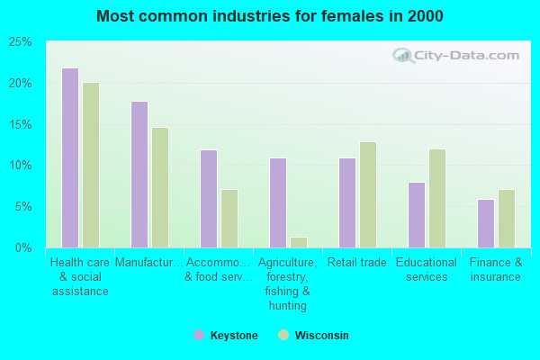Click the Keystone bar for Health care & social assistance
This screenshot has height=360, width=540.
70,157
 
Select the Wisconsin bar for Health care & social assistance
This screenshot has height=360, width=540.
91,165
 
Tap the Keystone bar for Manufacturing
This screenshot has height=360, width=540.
139,175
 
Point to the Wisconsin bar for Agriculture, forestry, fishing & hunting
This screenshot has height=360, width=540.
299,242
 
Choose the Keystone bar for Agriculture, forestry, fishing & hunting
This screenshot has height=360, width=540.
278,202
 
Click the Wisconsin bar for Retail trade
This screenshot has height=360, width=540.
368,194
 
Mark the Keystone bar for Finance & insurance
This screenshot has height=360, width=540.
486,223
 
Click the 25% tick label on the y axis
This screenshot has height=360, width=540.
21,42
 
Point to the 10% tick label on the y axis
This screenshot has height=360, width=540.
21,166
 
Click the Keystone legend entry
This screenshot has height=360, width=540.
226,336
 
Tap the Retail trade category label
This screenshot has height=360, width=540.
357,263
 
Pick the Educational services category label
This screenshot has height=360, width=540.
427,270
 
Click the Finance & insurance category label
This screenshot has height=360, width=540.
496,270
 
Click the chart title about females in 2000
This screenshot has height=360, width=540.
270,16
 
